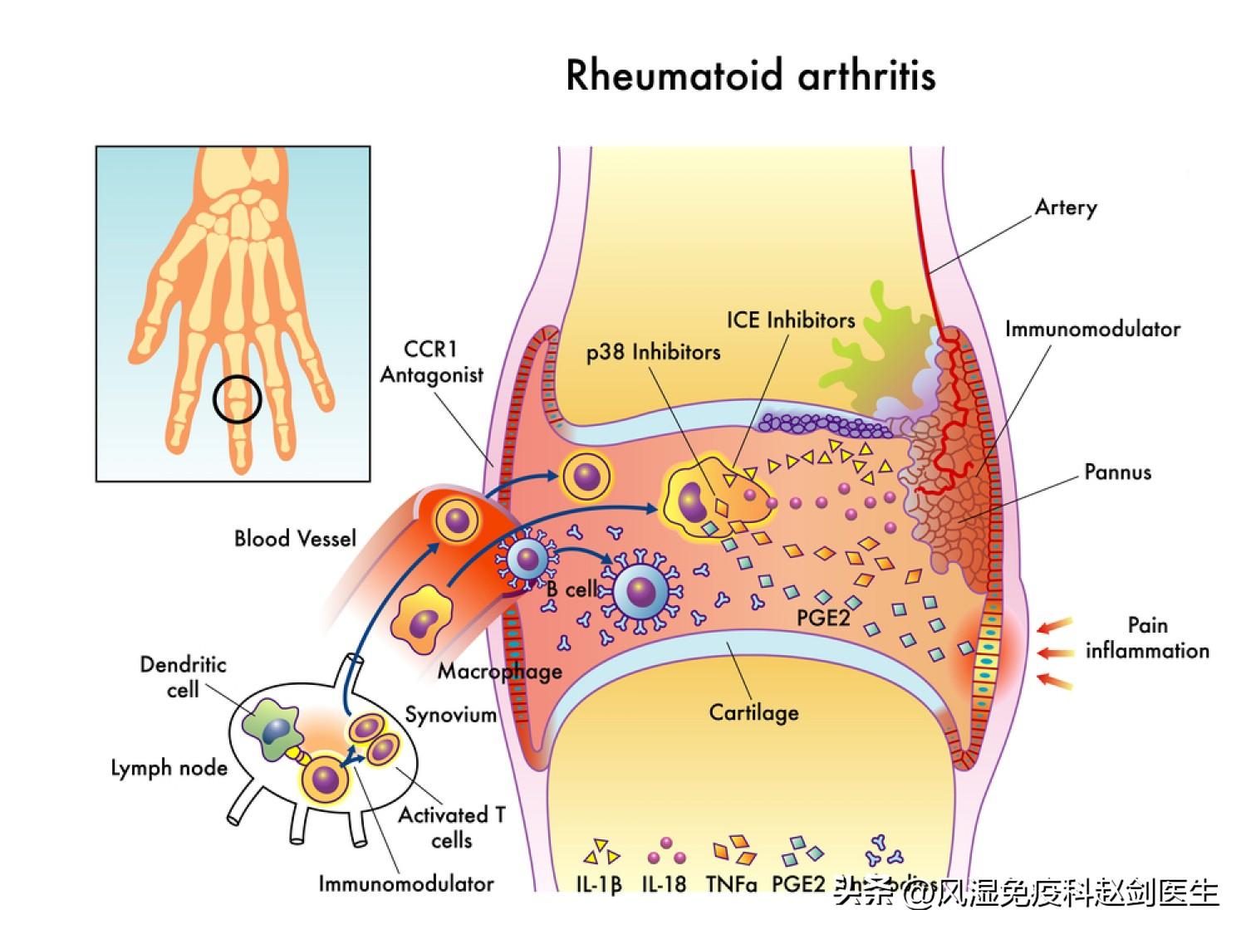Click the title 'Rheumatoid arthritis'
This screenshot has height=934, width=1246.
751,76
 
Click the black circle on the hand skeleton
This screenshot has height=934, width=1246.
238,399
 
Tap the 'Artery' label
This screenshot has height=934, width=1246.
1066,208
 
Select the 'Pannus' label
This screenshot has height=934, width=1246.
1117,473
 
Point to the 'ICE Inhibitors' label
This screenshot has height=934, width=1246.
790,320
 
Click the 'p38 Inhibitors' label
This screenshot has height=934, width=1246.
653,352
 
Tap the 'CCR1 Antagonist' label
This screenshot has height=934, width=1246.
431,362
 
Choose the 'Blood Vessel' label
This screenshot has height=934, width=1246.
295,539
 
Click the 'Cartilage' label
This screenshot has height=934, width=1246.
753,712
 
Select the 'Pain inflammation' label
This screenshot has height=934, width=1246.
1147,638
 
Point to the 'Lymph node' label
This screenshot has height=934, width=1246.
169,768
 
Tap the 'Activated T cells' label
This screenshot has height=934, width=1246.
452,827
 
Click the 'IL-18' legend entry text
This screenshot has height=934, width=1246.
664,884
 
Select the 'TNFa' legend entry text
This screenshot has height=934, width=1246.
732,884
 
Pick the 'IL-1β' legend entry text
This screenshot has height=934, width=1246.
599,884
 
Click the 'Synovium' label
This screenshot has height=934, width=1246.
450,715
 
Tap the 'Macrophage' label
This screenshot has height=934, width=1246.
499,671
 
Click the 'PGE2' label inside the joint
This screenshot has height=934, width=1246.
822,619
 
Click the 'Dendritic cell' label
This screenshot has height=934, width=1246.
183,677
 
